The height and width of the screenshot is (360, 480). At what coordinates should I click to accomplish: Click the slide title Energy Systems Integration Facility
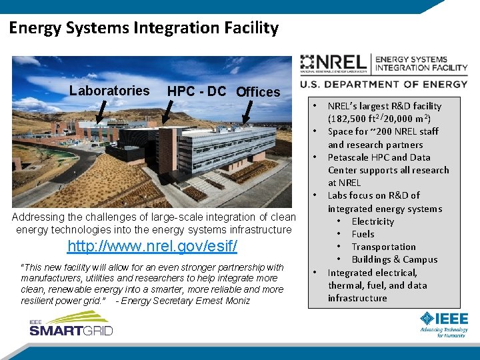click(x=143, y=28)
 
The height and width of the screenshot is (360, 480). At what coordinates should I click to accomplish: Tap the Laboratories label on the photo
click(x=109, y=91)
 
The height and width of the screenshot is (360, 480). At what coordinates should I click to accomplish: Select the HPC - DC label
click(x=197, y=91)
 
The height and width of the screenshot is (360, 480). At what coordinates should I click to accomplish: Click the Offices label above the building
click(x=258, y=92)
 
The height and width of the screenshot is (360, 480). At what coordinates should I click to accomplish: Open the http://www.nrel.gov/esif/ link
click(x=153, y=247)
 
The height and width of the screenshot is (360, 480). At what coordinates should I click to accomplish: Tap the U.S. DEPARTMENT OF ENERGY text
click(x=384, y=84)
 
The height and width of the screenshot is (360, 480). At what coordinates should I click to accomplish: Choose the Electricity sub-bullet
click(x=373, y=221)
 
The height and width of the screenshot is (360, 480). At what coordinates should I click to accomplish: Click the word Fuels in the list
click(x=363, y=234)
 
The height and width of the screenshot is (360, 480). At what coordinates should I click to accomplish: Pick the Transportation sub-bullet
click(x=383, y=247)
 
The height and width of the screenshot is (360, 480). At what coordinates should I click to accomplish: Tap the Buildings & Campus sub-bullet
click(x=394, y=259)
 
